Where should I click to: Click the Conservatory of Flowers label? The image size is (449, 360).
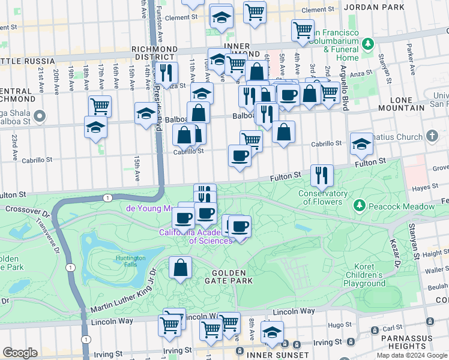click(323, 197)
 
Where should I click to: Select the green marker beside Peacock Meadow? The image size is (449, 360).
click(360, 206)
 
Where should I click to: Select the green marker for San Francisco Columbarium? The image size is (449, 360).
click(369, 44)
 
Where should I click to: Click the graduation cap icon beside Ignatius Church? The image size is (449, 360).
click(361, 143)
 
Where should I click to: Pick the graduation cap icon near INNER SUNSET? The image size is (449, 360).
click(273, 333)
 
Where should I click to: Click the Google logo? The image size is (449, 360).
click(20, 353)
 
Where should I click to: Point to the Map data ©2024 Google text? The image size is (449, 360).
click(412, 355)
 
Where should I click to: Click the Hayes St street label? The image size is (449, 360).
click(425, 188)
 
